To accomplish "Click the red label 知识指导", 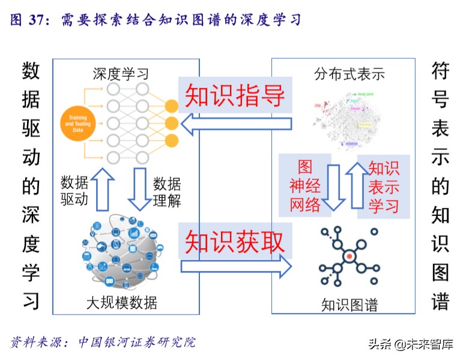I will coord(235,95).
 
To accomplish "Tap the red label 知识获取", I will coord(235,241).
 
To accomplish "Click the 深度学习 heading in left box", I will coord(120,74).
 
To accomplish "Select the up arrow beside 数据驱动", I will coord(102,189).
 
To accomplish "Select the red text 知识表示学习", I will coord(384,187).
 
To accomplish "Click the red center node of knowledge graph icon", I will coord(348,257).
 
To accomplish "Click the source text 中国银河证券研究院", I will coord(137,343).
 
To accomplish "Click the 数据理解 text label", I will coord(166,192).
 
